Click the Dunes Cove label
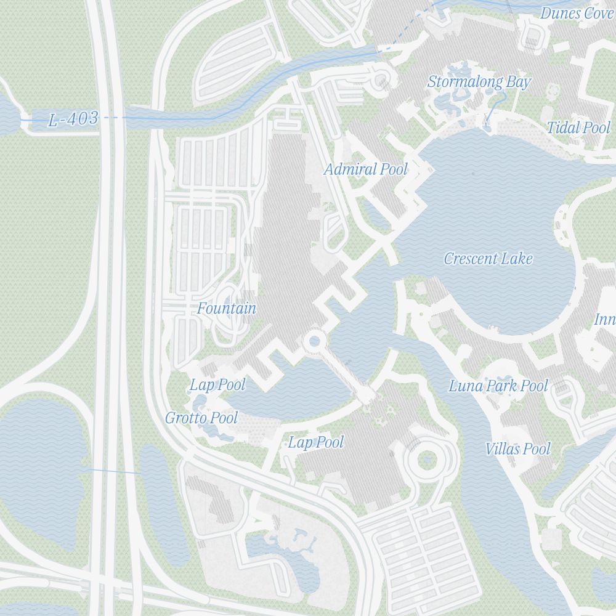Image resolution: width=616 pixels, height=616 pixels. (x=577, y=13)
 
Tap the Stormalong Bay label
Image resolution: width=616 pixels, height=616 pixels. (x=479, y=82)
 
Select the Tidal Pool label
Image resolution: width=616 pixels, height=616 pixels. (x=578, y=128)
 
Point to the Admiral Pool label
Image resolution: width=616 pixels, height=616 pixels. (x=366, y=169)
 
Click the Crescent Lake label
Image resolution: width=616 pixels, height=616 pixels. (x=488, y=259)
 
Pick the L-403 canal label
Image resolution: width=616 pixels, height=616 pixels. (x=73, y=119)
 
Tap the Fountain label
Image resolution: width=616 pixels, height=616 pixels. (x=227, y=309)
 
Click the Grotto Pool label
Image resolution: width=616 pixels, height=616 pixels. (x=201, y=418)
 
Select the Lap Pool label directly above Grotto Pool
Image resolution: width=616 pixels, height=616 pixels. (x=217, y=386)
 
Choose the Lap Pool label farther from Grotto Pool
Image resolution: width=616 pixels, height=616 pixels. (x=315, y=442)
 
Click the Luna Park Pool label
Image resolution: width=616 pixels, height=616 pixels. (x=498, y=386)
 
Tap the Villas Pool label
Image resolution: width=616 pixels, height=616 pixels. (x=517, y=449)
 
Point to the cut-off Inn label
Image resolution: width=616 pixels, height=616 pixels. (x=604, y=320)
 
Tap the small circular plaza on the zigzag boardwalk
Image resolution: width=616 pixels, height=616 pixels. (x=314, y=341)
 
